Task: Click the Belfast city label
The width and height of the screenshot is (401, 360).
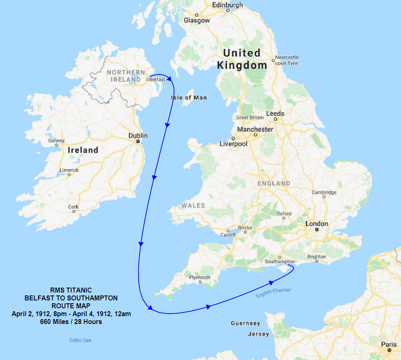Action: [x=158, y=79]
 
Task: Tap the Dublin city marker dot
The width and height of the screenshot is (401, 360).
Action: [x=138, y=142]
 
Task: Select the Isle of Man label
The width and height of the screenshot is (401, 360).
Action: [x=189, y=98]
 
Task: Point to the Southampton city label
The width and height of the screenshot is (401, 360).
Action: [x=280, y=262]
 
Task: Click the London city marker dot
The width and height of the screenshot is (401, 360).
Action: [x=317, y=229]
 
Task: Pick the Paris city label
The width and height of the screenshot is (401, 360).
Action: [x=389, y=344]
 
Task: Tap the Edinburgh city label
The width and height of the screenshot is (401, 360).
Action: [x=227, y=5]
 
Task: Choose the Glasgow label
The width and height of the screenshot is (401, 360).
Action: [x=197, y=20]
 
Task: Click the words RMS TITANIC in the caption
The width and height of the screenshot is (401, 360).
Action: [x=71, y=290]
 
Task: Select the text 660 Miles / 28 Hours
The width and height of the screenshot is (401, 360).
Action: [x=71, y=322]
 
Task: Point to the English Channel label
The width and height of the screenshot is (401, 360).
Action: [x=273, y=293]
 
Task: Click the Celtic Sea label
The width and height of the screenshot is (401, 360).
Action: [x=80, y=340]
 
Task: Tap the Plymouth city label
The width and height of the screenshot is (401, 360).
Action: [x=199, y=277]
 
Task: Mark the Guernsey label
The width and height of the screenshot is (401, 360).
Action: [x=245, y=323]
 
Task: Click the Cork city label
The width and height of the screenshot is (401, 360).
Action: [x=73, y=207]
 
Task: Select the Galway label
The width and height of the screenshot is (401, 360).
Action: [x=56, y=140]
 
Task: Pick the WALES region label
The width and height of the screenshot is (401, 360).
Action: [x=193, y=206]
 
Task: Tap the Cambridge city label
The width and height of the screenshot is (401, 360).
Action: [x=324, y=192]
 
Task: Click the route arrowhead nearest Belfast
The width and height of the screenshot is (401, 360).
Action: [x=170, y=79]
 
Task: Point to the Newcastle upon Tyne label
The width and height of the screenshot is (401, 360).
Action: [x=287, y=60]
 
